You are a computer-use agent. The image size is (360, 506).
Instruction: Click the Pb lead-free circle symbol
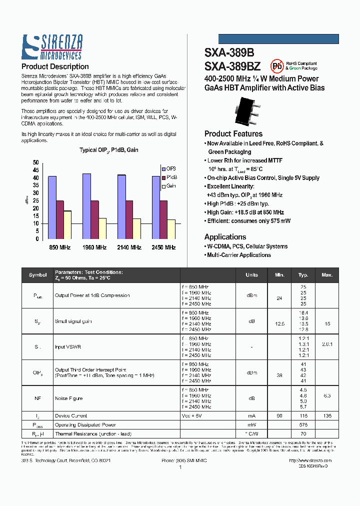(x=276, y=66)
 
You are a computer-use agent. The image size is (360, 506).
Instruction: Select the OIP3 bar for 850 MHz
(x=52, y=207)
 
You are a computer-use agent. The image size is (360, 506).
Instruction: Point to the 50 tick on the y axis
(x=35, y=162)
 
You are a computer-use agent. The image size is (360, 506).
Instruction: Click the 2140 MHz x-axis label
(x=129, y=247)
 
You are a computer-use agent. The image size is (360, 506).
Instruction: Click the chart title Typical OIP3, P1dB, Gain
(x=109, y=150)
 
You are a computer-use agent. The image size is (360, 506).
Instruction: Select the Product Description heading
(x=55, y=66)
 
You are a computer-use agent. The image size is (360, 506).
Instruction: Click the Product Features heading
(x=233, y=133)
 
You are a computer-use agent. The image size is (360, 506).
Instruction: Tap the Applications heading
(x=225, y=237)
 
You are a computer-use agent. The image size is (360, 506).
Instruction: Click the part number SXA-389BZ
(x=232, y=66)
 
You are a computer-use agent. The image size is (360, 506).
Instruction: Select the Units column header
(x=251, y=275)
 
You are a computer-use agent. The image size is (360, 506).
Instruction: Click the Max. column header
(x=327, y=275)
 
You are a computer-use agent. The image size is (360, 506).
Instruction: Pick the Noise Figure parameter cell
(x=68, y=398)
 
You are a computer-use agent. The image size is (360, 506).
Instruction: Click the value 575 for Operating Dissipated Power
(x=303, y=425)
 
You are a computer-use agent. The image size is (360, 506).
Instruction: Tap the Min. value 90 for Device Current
(x=279, y=416)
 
